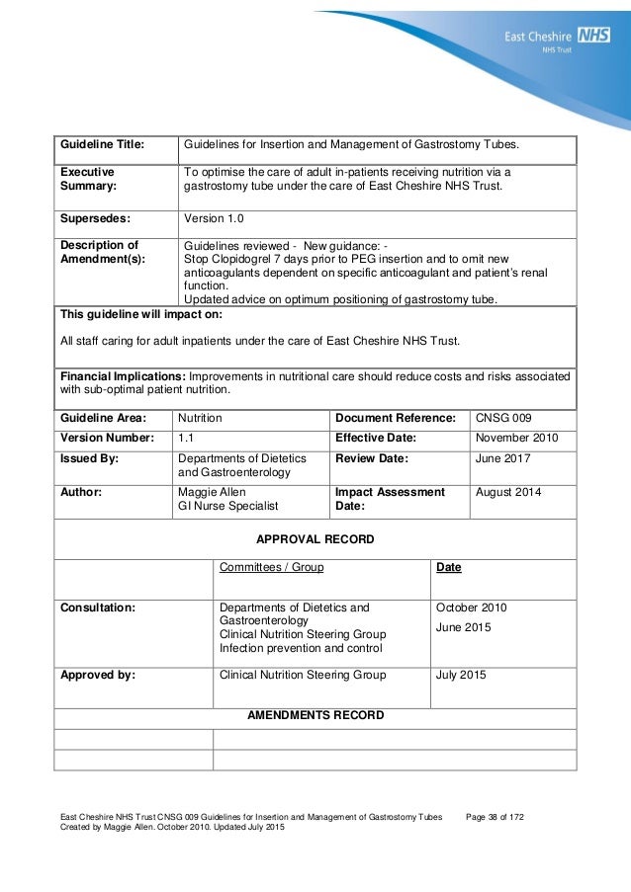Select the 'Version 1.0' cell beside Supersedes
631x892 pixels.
click(x=215, y=218)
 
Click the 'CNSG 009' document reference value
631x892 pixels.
click(x=502, y=419)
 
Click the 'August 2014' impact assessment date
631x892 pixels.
click(x=509, y=491)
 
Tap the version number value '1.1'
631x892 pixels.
click(x=186, y=439)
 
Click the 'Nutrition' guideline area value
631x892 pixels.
click(x=199, y=419)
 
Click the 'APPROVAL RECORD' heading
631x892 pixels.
click(x=315, y=540)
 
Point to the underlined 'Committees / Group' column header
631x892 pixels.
click(x=270, y=569)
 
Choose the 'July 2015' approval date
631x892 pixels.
click(x=461, y=677)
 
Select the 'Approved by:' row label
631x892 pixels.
click(x=98, y=677)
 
